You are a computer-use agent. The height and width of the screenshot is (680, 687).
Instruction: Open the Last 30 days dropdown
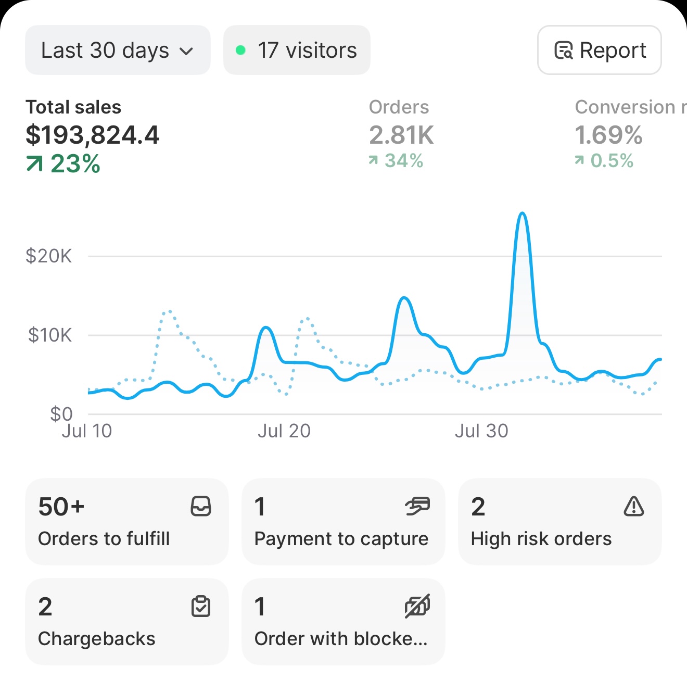117,51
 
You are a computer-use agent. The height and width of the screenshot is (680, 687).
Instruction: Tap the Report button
599,51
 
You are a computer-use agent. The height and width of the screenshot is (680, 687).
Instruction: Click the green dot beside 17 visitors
240,51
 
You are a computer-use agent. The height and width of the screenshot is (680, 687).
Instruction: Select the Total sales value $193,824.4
92,135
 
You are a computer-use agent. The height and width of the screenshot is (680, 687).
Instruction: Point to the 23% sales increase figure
74,164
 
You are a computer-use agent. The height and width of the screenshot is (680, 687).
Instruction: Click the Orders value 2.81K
401,135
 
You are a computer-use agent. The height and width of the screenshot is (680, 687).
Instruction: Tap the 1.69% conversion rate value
608,135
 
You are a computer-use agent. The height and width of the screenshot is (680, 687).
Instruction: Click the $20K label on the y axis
49,256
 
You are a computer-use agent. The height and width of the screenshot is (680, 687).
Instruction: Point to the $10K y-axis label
50,335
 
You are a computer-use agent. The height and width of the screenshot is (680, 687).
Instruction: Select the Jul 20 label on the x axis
284,431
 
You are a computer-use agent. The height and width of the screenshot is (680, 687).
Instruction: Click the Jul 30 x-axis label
481,431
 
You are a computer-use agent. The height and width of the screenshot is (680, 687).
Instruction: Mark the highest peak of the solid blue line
522,213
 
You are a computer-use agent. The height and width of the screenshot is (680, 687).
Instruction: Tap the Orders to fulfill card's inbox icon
201,506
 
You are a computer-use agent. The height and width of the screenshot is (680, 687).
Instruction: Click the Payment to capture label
341,539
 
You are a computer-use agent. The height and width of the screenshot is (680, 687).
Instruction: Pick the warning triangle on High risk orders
633,506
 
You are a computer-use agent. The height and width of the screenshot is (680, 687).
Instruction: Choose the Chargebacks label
97,639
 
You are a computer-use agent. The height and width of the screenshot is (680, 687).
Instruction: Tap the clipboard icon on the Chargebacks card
201,606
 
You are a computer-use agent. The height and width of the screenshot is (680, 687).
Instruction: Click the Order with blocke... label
341,639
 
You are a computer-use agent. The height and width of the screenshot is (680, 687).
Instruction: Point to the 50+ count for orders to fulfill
61,507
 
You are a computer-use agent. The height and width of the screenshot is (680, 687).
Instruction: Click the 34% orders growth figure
403,161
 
